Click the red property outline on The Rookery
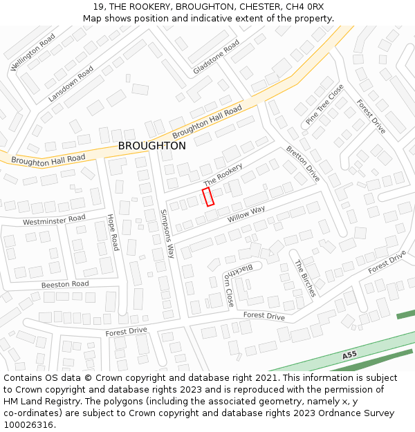[x=207, y=196]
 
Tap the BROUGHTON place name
[x=151, y=147]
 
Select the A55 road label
[x=349, y=355]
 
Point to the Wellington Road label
[x=33, y=53]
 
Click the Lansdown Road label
[x=71, y=84]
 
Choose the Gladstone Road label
[x=216, y=57]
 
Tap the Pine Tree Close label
[x=325, y=104]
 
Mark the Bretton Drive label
[x=303, y=164]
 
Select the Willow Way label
[x=246, y=214]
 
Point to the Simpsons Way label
[x=168, y=234]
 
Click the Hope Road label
[x=113, y=232]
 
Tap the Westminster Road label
[x=54, y=220]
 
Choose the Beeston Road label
[x=65, y=284]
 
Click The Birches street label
[x=304, y=278]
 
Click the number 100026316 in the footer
[x=29, y=424]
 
